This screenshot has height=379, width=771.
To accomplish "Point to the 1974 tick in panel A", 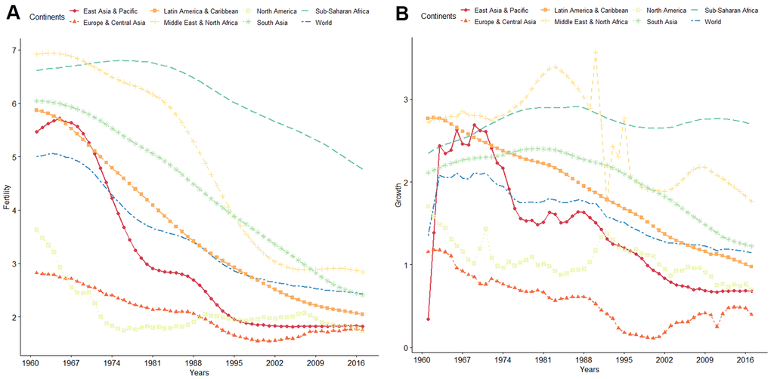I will click(109, 363).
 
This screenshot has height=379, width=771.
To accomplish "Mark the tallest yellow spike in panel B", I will click(596, 53).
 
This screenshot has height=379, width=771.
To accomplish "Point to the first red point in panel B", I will click(429, 319).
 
